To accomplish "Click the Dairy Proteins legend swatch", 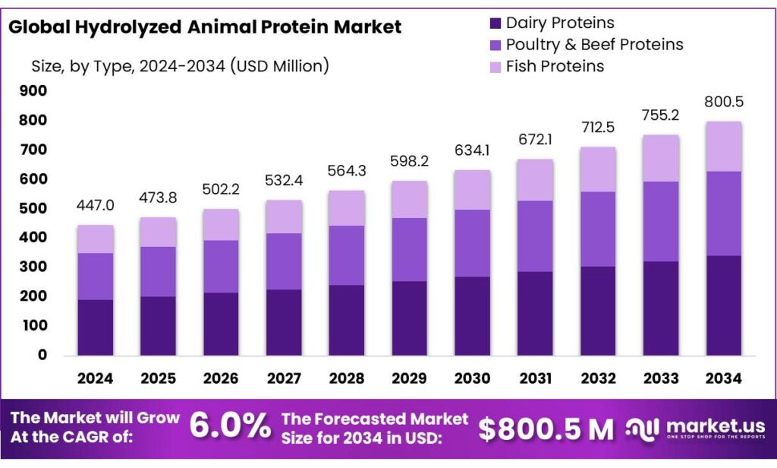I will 496,24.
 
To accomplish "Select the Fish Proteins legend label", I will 555,66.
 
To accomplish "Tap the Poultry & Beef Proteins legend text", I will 594,45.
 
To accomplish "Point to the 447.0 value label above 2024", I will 95,205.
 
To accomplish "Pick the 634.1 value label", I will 472,150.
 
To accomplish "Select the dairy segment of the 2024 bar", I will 95,327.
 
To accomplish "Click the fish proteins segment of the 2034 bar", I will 723,147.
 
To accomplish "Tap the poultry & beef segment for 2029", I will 409,250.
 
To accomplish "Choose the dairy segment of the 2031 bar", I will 535,314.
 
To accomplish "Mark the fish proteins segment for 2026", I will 221,225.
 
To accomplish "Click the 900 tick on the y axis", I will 33,91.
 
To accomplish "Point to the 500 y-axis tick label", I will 33,208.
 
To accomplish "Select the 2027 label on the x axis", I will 284,378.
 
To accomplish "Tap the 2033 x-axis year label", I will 661,378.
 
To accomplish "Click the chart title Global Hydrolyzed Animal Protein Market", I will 204,27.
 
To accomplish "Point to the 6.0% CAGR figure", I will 229,427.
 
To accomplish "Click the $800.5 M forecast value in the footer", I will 546,429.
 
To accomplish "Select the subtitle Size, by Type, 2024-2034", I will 180,66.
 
